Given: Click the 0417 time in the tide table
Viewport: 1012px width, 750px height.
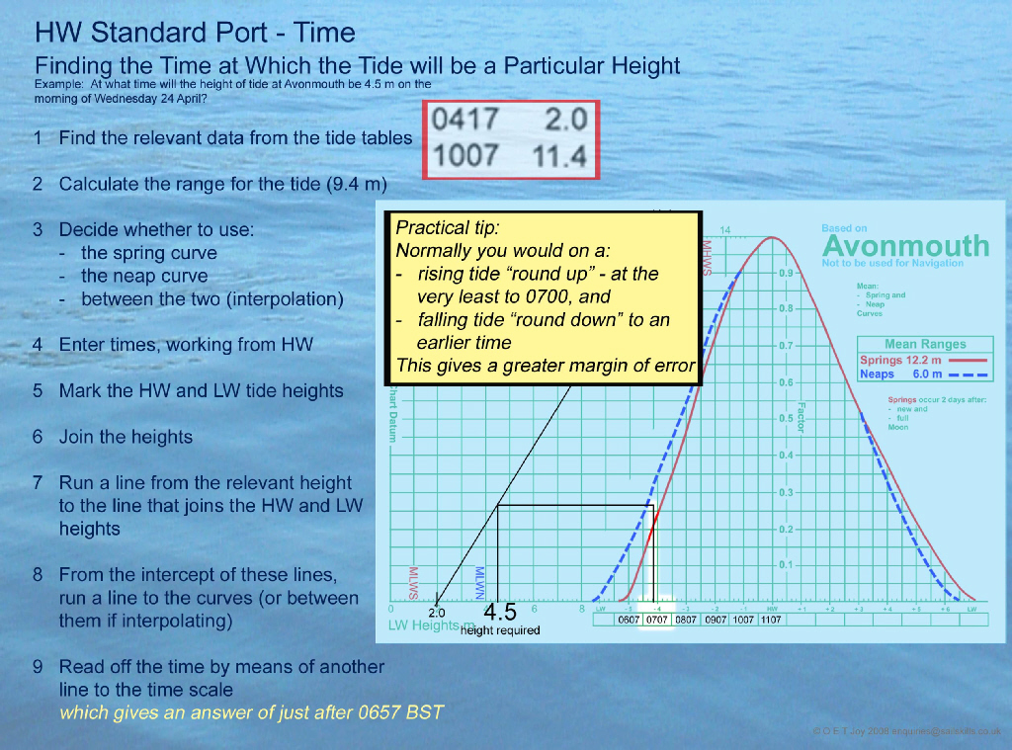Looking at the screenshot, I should (465, 121).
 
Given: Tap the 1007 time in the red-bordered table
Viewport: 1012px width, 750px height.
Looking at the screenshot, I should (465, 156).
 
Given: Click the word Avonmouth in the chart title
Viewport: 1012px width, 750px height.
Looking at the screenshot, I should (905, 245).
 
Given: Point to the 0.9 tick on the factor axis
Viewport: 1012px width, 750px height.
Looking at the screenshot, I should (785, 273).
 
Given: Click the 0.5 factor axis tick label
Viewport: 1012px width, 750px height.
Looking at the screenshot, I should (785, 419).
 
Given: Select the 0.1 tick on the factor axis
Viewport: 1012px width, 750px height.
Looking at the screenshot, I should (785, 565).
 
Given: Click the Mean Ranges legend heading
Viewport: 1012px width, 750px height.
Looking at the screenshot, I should (925, 345).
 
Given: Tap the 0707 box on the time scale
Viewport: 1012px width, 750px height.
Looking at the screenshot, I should (657, 621).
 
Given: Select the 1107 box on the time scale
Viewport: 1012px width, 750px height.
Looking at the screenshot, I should (771, 621).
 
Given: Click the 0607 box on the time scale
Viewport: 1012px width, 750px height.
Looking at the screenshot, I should (629, 621).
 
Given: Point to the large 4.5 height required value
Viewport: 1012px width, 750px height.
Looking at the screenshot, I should (500, 612).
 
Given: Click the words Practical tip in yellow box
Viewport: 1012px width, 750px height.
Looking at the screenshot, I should (440, 228).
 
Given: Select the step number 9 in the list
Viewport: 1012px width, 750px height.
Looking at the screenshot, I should (37, 667).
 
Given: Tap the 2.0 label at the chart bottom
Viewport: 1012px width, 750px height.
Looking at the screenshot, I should (436, 614).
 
